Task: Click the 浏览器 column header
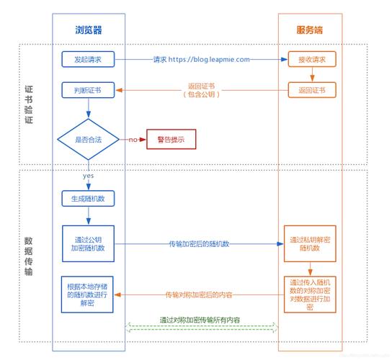point(89,30)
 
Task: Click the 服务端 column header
point(310,30)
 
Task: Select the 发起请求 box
point(89,59)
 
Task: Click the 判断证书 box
point(89,90)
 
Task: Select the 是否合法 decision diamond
point(89,139)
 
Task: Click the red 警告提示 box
point(171,139)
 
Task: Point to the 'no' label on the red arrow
point(133,139)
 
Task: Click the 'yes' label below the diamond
point(89,176)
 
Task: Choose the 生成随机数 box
point(89,198)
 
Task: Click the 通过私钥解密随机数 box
point(310,243)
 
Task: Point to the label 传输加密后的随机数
point(199,244)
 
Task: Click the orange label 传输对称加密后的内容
point(199,294)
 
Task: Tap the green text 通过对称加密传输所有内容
point(200,320)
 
